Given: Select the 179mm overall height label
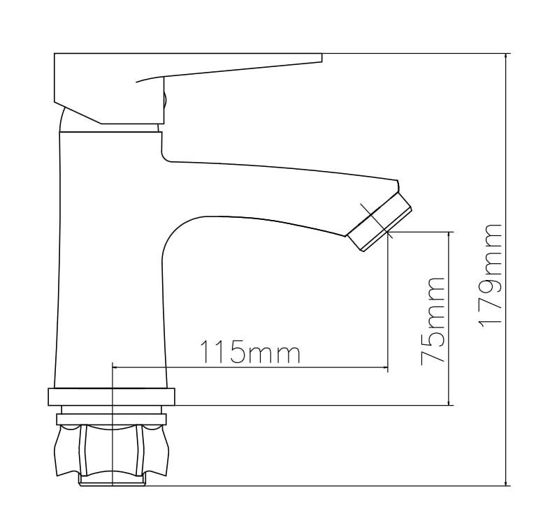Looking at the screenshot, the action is point(490,276).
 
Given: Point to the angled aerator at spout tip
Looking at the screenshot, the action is point(379,222).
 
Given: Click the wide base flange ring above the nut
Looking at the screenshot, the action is point(111,397).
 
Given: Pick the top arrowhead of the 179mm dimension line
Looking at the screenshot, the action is point(507,57).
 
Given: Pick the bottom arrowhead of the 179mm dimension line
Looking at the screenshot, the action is point(507,481).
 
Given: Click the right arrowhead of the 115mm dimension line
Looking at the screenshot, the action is point(384,367).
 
